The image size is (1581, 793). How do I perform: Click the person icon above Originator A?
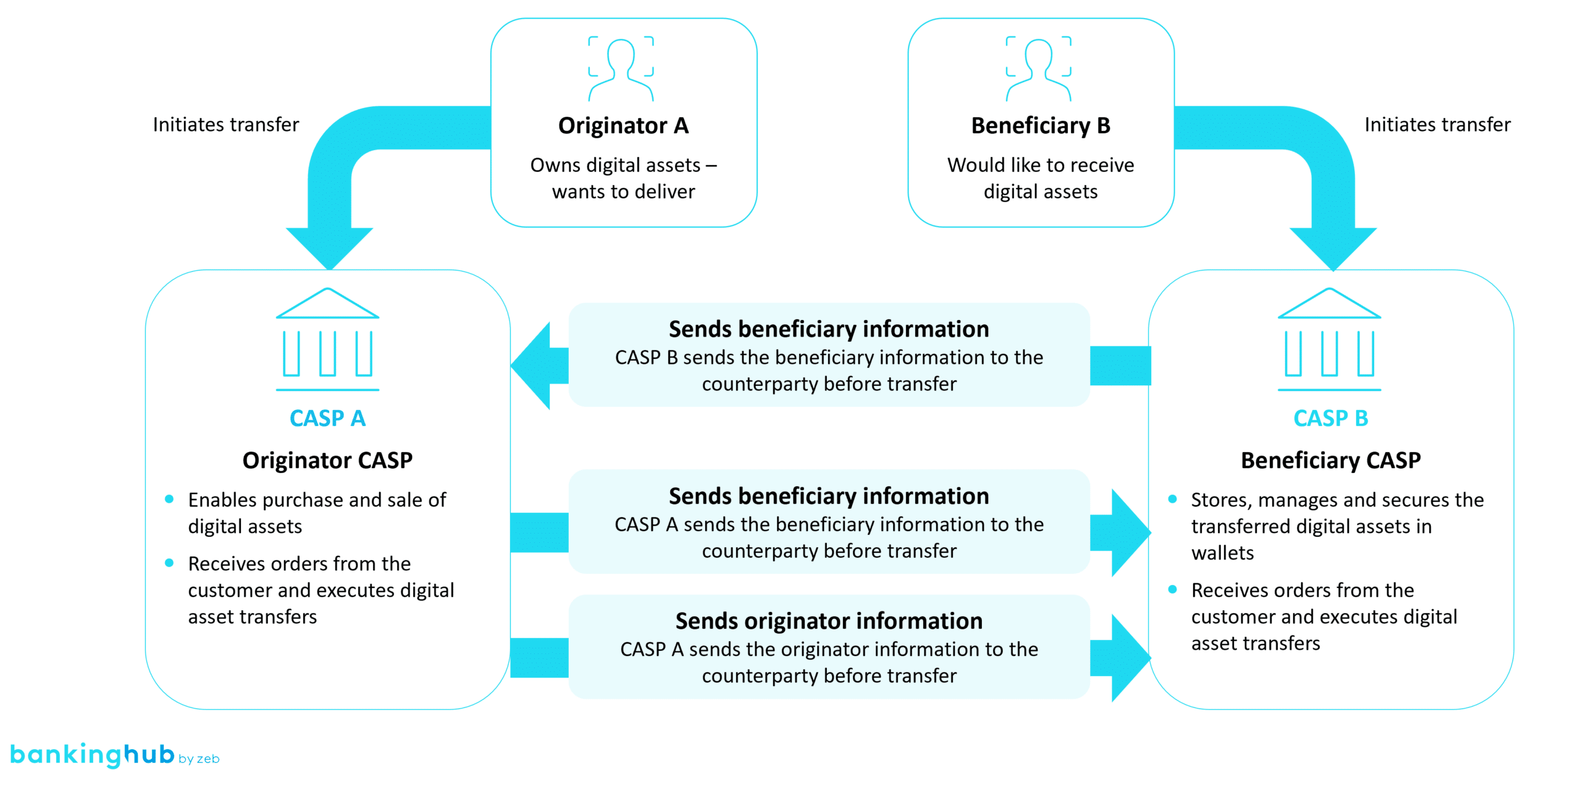coord(621,68)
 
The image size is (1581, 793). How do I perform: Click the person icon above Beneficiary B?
coord(1038,68)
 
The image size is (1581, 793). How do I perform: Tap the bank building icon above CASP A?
coord(327,339)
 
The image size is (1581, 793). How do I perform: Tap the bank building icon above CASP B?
coord(1329,339)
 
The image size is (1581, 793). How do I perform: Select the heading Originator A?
coord(623,125)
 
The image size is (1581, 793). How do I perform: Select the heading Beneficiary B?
coord(1041,125)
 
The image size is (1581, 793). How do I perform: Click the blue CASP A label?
coord(327,418)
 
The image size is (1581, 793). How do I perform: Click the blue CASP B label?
coord(1330,418)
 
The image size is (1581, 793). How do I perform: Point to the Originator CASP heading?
coord(327,460)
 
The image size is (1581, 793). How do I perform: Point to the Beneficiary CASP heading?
coord(1330,460)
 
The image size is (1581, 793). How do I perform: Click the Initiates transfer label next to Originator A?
coord(225,125)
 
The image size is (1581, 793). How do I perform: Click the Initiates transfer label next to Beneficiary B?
coord(1437,125)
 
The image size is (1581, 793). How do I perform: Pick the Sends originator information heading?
coord(829,621)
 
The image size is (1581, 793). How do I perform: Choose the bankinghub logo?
coord(93,755)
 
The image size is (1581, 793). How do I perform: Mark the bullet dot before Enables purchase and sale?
coord(169,499)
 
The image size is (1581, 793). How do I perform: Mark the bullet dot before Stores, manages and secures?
coord(1172,499)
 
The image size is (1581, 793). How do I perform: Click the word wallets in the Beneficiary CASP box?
coord(1222,553)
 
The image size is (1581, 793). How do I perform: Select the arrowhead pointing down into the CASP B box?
coord(1333,247)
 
